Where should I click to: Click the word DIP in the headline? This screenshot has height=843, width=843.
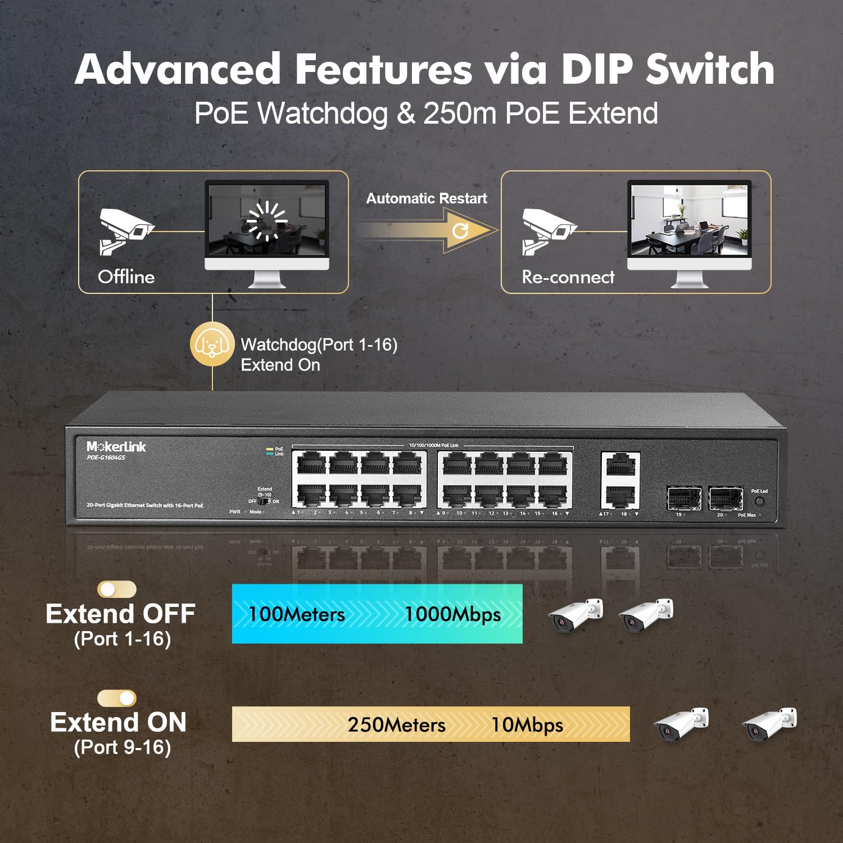[x=596, y=70]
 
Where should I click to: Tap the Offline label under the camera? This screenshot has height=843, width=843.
[x=126, y=277]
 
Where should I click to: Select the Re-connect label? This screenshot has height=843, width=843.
[x=568, y=277]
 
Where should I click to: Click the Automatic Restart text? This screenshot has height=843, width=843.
[x=426, y=198]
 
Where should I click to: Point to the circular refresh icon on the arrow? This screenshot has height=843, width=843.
[x=460, y=230]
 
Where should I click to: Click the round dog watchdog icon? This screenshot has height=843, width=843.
[x=212, y=343]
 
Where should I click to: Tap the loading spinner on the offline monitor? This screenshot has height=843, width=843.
[x=267, y=220]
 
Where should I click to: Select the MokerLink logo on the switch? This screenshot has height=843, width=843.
[x=116, y=447]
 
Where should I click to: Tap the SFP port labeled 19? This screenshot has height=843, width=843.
[x=683, y=497]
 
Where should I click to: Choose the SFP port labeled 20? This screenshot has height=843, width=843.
[x=725, y=497]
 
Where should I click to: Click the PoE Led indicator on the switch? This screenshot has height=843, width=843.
[x=759, y=501]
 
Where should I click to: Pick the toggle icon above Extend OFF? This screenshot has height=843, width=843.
[x=117, y=589]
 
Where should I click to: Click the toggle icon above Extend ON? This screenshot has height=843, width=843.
[x=117, y=698]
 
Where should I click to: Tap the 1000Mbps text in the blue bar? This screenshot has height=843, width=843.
[x=452, y=614]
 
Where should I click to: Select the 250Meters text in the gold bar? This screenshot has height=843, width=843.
[x=396, y=724]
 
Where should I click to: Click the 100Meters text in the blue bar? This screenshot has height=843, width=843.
[x=296, y=614]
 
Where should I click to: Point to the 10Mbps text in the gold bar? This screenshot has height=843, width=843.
[x=527, y=724]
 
